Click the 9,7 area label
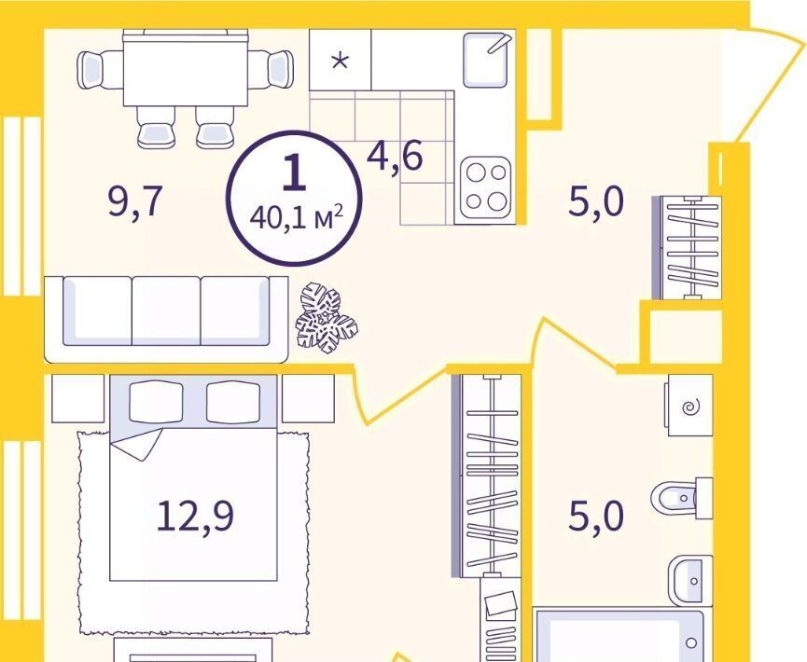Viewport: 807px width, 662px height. coord(135,203)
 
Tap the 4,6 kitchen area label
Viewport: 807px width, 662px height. coord(395,157)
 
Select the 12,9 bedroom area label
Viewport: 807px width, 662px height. coord(195,516)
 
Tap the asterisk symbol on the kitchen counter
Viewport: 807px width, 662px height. coord(340,62)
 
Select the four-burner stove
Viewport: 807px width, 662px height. coord(486,187)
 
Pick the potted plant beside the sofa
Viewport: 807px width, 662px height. coord(327,319)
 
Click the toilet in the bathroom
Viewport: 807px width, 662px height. coord(682,498)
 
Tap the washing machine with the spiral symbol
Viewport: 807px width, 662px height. coord(690,406)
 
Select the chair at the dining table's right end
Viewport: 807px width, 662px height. coord(271,69)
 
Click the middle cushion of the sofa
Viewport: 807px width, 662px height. coord(166,310)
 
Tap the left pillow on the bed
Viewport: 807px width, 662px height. coord(156,402)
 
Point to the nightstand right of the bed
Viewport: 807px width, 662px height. coord(308,399)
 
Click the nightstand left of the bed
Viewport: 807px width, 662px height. coord(78,399)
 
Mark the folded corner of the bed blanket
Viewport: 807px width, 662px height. coord(137,444)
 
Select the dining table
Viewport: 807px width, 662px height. coord(186,68)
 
